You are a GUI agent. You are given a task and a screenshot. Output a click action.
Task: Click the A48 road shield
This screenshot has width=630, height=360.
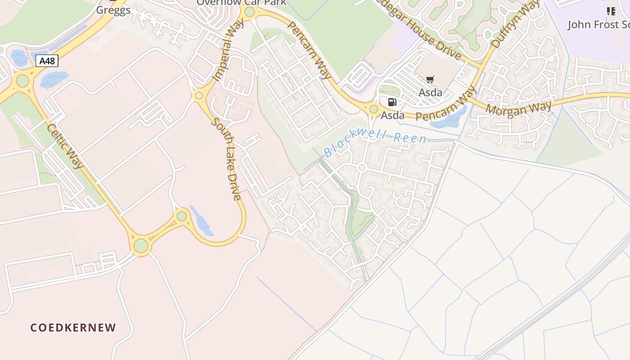click(47, 61)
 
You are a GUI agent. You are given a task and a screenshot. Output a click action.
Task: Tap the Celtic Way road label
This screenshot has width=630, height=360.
click(65, 146)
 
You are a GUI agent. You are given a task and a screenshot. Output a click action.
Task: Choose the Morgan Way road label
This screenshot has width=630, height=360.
click(518, 108)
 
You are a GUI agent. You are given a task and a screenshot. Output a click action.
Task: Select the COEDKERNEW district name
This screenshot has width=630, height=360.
click(73, 328)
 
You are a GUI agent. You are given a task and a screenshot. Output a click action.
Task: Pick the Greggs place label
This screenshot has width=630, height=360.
click(113, 9)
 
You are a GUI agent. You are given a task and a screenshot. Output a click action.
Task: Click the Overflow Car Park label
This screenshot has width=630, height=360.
click(241, 3)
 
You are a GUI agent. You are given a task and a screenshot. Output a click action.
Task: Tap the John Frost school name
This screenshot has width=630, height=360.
click(598, 24)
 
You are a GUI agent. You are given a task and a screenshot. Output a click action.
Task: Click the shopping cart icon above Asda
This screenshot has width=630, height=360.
click(430, 80)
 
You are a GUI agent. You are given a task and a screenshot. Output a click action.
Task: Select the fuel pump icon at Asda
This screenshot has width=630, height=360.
click(392, 102)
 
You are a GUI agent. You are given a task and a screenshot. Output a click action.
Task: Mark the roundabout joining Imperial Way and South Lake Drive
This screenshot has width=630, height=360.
click(198, 95)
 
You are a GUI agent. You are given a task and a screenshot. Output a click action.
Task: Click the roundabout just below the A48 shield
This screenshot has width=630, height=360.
click(22, 81)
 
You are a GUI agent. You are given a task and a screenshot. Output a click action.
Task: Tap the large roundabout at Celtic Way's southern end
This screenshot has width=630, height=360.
click(141, 246)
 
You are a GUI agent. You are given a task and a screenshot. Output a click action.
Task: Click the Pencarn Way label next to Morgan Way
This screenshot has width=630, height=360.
click(445, 104)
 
